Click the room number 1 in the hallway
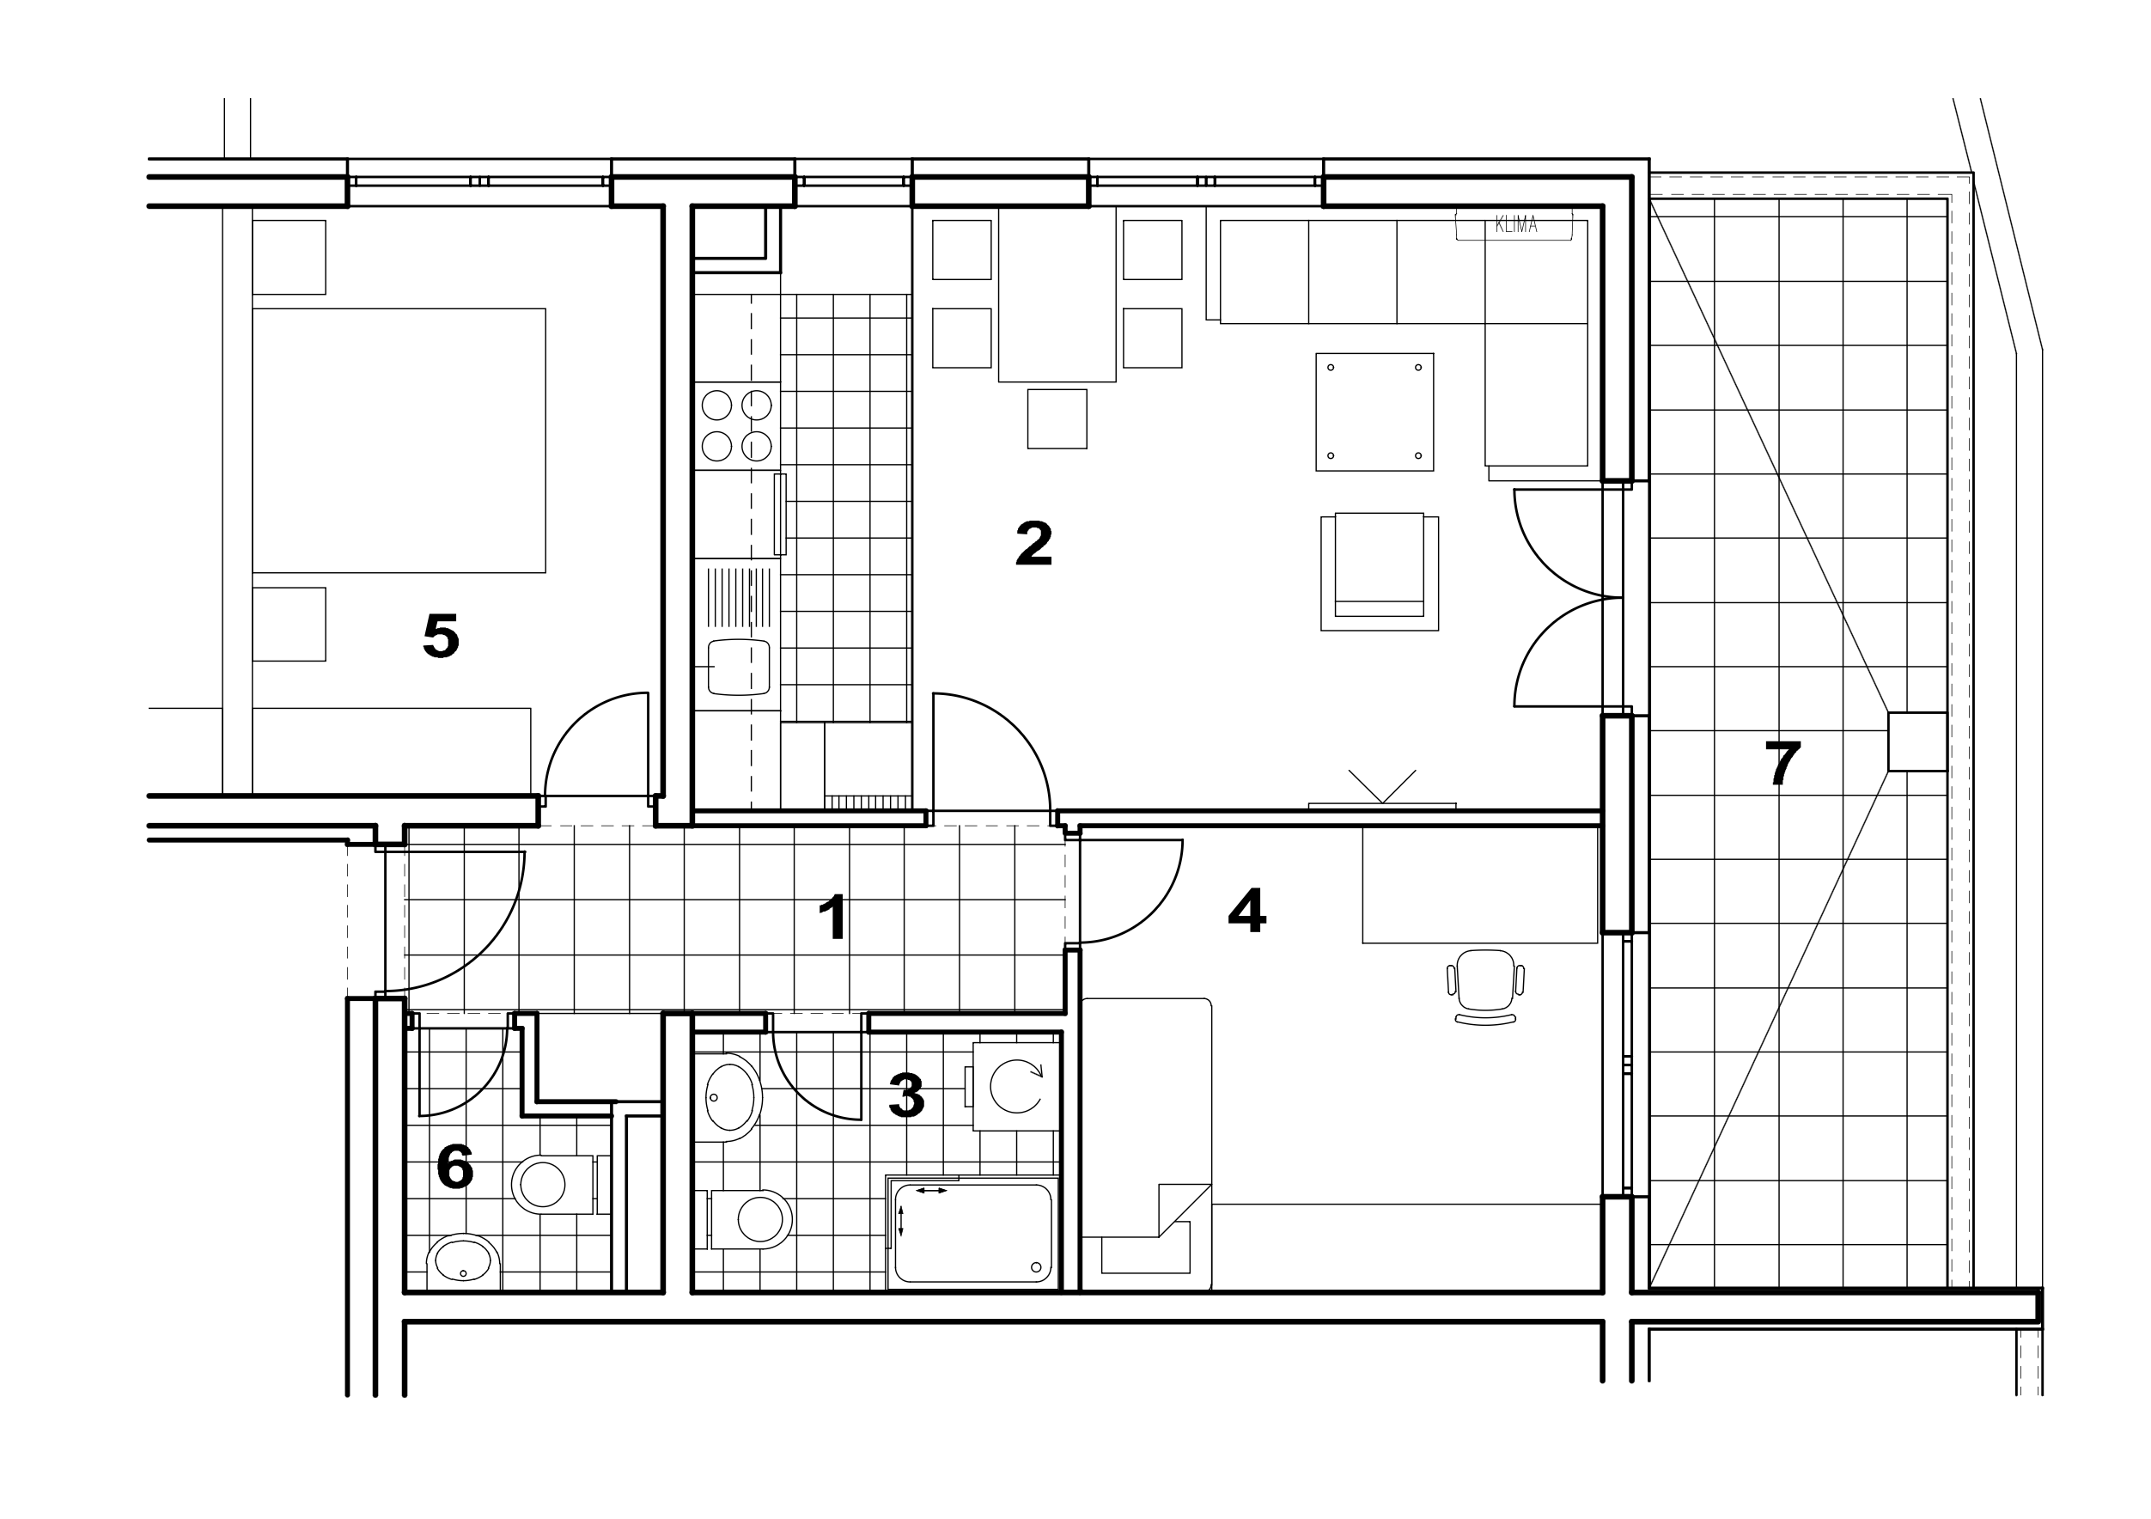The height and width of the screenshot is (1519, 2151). point(833,918)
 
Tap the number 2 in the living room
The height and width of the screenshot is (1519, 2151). point(1033,544)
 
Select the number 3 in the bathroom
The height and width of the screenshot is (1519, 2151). point(906,1095)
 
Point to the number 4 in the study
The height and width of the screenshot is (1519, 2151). point(1247,910)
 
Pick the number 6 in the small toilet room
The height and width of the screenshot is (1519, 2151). point(455,1167)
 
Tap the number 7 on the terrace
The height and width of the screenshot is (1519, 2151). point(1782,764)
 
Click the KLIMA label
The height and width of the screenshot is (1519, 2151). point(1516,225)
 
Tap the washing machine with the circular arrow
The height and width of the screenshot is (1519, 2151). point(1015,1086)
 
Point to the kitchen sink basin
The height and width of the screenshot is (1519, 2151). point(739,668)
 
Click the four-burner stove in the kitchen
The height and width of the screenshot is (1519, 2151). point(736,425)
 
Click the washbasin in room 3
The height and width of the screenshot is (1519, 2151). point(728,1097)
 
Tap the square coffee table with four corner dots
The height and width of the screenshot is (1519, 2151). point(1374,412)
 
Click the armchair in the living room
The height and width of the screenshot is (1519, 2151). point(1379,571)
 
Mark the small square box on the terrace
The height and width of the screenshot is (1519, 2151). point(1916,741)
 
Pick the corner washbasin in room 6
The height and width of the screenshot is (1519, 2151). point(463,1262)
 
